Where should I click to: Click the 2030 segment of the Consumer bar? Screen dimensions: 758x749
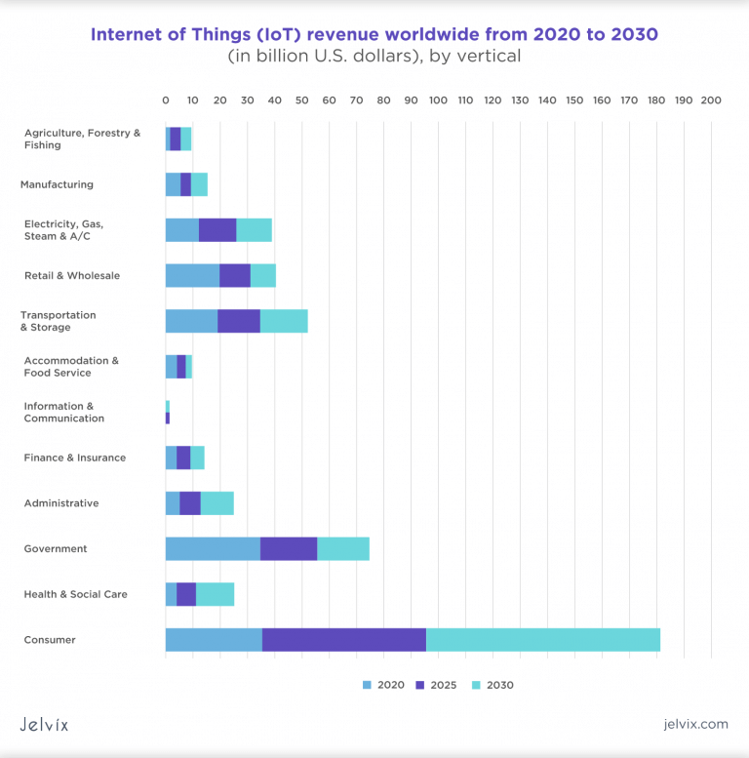pyautogui.click(x=543, y=640)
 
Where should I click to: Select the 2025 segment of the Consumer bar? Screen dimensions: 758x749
pyautogui.click(x=344, y=640)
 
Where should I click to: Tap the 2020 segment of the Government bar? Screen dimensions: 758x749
pyautogui.click(x=213, y=548)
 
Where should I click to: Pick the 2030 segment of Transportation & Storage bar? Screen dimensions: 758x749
pyautogui.click(x=284, y=321)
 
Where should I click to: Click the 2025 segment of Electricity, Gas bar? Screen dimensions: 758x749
pyautogui.click(x=217, y=230)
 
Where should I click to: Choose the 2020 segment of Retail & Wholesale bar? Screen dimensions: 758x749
pyautogui.click(x=192, y=275)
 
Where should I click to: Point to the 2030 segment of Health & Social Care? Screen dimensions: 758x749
pyautogui.click(x=215, y=594)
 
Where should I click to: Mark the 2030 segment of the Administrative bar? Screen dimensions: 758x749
pyautogui.click(x=217, y=503)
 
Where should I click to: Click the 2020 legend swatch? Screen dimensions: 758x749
pyautogui.click(x=368, y=685)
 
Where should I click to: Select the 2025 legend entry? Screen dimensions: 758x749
pyautogui.click(x=436, y=685)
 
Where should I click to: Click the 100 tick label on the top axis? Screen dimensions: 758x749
pyautogui.click(x=438, y=100)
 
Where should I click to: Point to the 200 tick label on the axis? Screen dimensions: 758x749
pyautogui.click(x=711, y=100)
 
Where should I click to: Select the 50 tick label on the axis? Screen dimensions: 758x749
pyautogui.click(x=301, y=100)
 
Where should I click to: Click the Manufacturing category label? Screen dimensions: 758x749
pyautogui.click(x=58, y=184)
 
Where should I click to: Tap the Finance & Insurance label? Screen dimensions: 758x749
pyautogui.click(x=75, y=458)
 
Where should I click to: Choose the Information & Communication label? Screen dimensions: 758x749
pyautogui.click(x=64, y=412)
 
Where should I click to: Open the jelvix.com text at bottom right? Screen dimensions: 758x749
pyautogui.click(x=693, y=724)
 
